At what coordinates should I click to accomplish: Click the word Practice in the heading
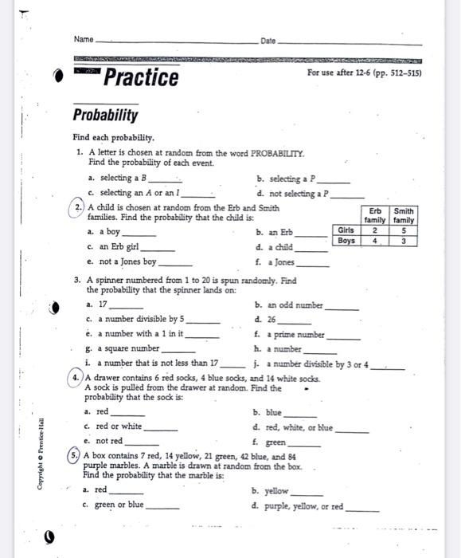(x=141, y=78)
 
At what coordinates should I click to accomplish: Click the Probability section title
(x=105, y=116)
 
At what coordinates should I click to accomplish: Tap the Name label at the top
(x=83, y=40)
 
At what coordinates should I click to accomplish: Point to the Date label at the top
(x=268, y=40)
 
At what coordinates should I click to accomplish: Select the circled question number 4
(x=75, y=378)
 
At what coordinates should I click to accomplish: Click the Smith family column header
(x=404, y=215)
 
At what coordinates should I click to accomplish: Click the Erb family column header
(x=373, y=215)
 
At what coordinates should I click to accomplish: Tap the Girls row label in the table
(x=346, y=230)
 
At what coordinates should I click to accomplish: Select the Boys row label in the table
(x=346, y=240)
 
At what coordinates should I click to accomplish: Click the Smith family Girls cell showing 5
(x=404, y=230)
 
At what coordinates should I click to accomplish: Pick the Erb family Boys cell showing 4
(x=373, y=240)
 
